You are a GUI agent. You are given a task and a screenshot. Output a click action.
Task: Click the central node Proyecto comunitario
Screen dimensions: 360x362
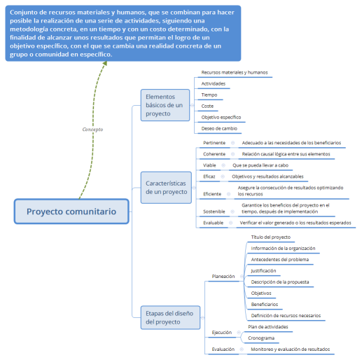tap(71, 212)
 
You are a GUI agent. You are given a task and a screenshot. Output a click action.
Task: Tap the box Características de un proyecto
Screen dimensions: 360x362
tap(166, 186)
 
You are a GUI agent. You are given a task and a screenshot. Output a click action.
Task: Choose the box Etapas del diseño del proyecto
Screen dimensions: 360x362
tap(166, 317)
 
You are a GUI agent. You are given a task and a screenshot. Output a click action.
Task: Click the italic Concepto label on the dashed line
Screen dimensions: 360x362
tap(92, 130)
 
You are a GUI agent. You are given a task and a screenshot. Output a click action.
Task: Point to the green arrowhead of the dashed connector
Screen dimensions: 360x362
tap(105, 64)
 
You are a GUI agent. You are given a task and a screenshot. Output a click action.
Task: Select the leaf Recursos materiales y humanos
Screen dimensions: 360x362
tap(234, 73)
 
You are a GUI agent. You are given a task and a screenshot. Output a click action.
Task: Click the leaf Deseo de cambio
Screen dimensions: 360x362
tap(218, 129)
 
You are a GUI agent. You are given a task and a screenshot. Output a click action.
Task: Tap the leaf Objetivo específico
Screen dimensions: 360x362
tap(221, 118)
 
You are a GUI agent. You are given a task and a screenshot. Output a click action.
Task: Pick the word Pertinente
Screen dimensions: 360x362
tap(214, 143)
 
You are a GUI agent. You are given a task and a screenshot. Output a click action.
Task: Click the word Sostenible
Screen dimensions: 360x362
tap(214, 210)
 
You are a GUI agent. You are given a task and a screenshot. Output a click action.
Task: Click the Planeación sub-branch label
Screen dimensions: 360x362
tap(223, 277)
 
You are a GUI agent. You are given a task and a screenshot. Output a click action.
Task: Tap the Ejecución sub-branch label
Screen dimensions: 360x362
tap(223, 332)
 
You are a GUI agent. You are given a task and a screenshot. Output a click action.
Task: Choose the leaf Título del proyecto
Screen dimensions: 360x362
tap(270, 237)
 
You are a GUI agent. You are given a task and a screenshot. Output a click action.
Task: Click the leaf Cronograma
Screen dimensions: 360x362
tap(261, 338)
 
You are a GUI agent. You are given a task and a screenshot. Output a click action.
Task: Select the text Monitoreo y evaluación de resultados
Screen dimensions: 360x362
tap(290, 349)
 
